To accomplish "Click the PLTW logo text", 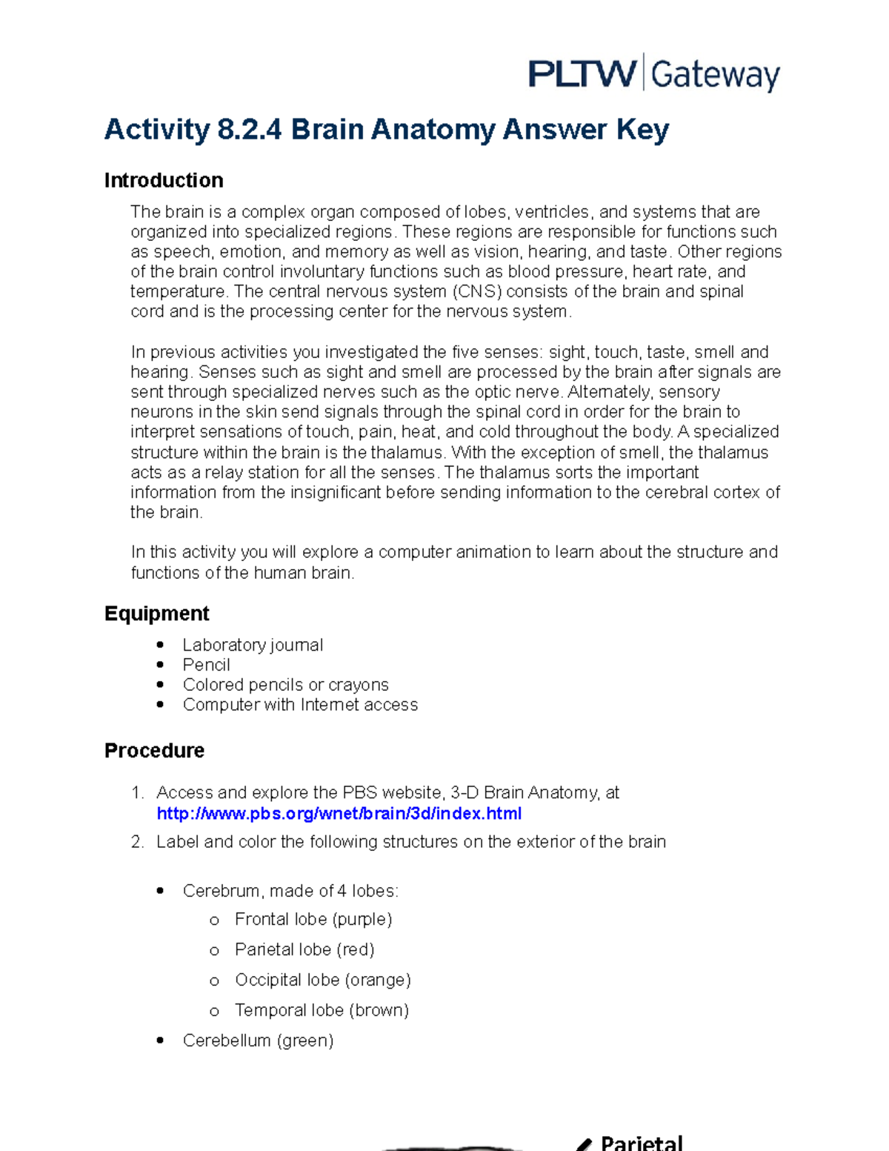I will [582, 74].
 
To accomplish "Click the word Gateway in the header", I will [715, 76].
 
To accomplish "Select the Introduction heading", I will [164, 180].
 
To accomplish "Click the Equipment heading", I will [157, 614].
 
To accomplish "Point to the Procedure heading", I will [154, 751].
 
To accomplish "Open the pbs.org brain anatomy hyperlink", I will [339, 814].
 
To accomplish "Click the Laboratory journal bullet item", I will [253, 645].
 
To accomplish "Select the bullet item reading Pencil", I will [206, 665].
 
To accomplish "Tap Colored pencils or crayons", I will [285, 685].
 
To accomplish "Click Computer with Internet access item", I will [300, 705].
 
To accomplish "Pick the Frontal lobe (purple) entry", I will [313, 919].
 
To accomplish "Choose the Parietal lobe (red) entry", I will [304, 949].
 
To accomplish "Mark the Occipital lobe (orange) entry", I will [322, 980].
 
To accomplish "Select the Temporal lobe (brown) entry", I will [322, 1010].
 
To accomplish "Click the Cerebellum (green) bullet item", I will [258, 1041].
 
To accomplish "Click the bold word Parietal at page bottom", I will [642, 1143].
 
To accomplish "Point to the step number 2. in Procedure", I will [137, 842].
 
